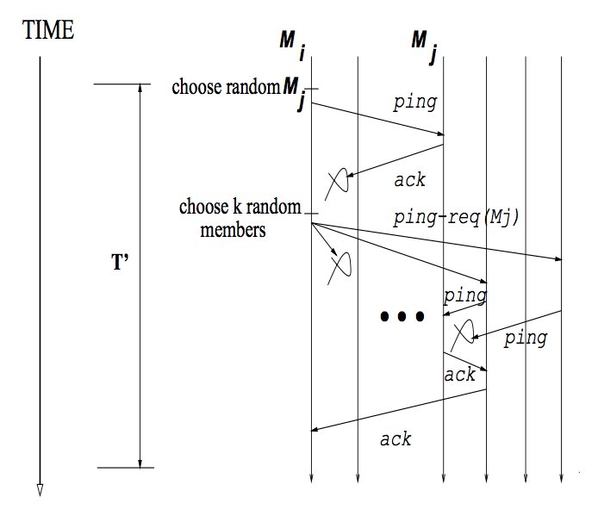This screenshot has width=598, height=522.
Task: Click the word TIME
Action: (48, 31)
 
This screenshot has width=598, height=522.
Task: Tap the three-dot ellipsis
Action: (402, 317)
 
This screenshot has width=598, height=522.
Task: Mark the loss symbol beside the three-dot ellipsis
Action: (464, 330)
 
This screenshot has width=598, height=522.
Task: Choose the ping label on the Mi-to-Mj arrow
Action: (414, 103)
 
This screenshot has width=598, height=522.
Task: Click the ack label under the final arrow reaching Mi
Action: (396, 439)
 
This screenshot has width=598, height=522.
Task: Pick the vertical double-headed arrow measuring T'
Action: (140, 276)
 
